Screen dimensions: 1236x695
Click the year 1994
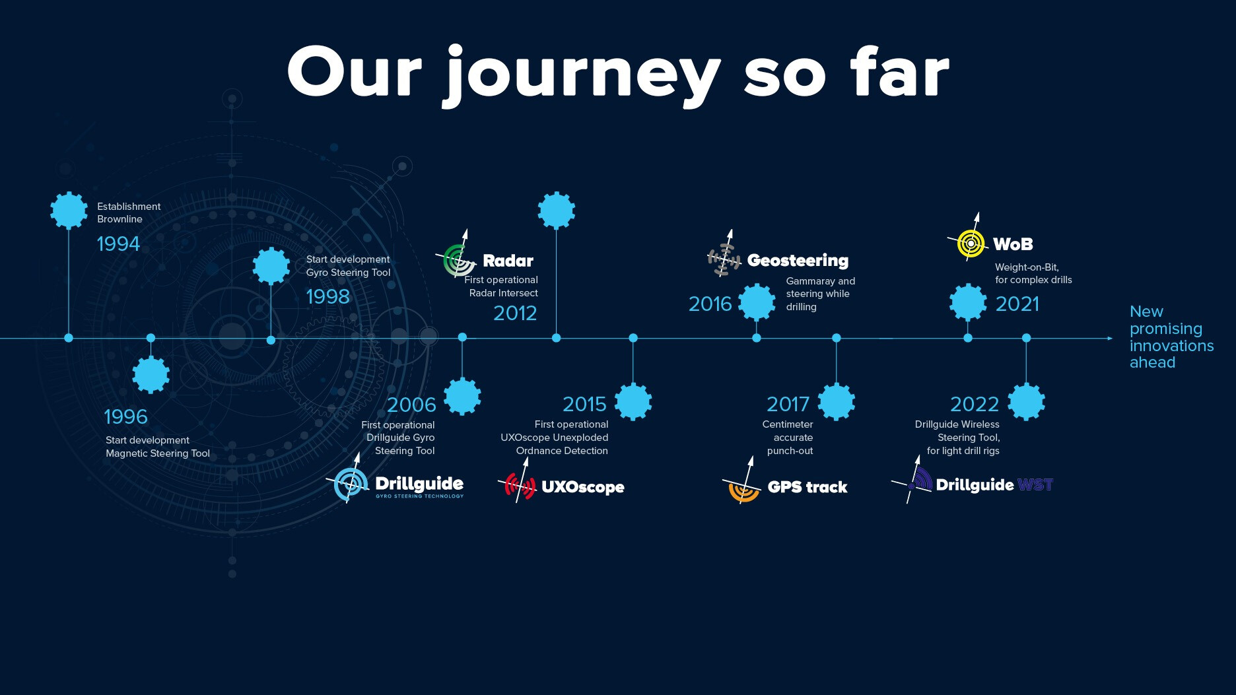click(118, 244)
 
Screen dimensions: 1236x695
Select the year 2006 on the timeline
click(411, 405)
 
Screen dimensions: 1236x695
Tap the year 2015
click(584, 404)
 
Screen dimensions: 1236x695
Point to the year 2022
click(975, 404)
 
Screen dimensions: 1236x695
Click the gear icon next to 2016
click(757, 302)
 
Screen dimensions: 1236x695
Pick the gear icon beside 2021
click(968, 302)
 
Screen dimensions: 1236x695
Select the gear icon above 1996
click(151, 375)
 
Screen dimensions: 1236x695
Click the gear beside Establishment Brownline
click(69, 211)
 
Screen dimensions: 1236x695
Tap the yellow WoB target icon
click(971, 243)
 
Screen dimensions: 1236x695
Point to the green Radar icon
click(458, 260)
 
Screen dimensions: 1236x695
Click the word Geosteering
click(798, 261)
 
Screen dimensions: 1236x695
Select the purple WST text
click(1035, 485)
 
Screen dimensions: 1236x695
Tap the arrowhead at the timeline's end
click(1110, 339)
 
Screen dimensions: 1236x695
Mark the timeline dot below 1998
click(271, 340)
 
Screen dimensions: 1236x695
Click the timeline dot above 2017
click(837, 338)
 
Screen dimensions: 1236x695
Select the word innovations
click(1172, 346)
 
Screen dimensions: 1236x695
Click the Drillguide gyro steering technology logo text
click(419, 487)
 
